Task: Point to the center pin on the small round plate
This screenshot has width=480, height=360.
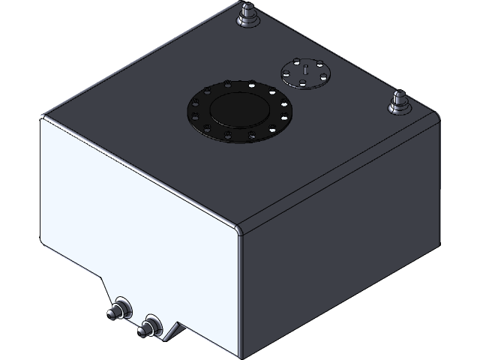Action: point(306,70)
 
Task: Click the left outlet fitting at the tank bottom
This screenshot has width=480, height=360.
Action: point(119,310)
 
